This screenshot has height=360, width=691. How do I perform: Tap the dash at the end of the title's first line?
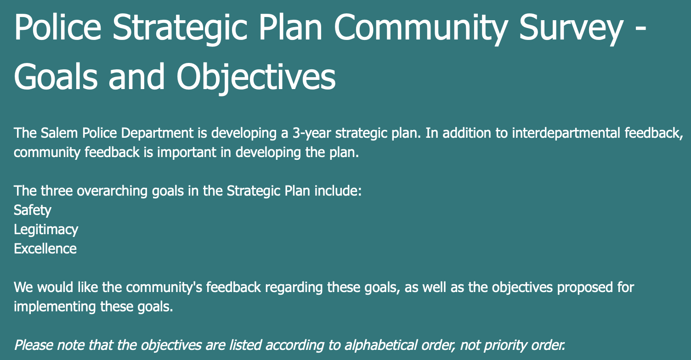(x=641, y=30)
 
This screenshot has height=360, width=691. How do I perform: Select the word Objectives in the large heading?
(x=256, y=77)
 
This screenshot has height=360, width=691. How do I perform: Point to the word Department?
(x=157, y=134)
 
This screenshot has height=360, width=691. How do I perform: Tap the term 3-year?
(x=312, y=134)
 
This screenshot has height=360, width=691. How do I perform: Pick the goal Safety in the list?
(x=32, y=210)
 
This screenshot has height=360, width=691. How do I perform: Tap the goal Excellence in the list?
(x=45, y=249)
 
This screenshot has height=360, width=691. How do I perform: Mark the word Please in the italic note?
(x=34, y=345)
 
